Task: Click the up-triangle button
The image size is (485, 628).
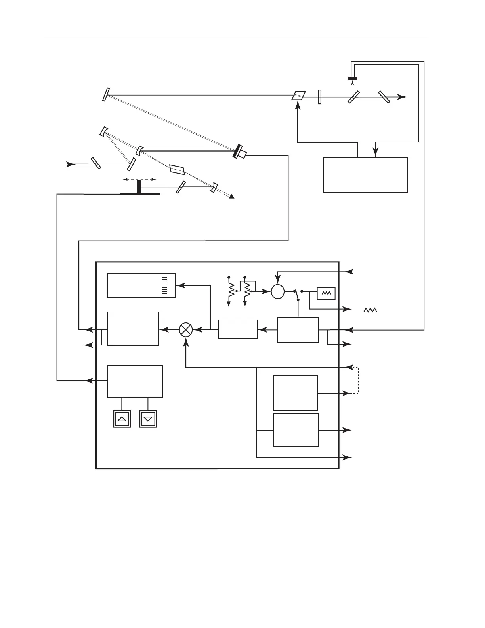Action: (x=122, y=419)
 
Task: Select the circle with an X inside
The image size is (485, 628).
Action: (x=186, y=329)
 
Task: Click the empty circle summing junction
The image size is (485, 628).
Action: (x=278, y=292)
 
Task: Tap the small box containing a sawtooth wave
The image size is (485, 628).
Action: (x=326, y=293)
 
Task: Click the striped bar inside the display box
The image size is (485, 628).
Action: (x=164, y=285)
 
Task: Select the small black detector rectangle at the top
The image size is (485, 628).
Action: (x=352, y=78)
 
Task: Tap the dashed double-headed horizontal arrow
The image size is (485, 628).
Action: (x=139, y=180)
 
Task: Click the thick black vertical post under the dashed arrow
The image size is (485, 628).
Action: (x=139, y=186)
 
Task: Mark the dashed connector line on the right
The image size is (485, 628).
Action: (x=358, y=380)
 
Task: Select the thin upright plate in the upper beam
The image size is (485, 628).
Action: (x=320, y=97)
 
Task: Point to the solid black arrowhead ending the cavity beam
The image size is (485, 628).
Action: (x=233, y=197)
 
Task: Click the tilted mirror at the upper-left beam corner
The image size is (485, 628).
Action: (x=105, y=94)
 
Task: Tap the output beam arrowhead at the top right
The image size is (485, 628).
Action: (x=402, y=97)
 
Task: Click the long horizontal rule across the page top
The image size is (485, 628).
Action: (x=235, y=38)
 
